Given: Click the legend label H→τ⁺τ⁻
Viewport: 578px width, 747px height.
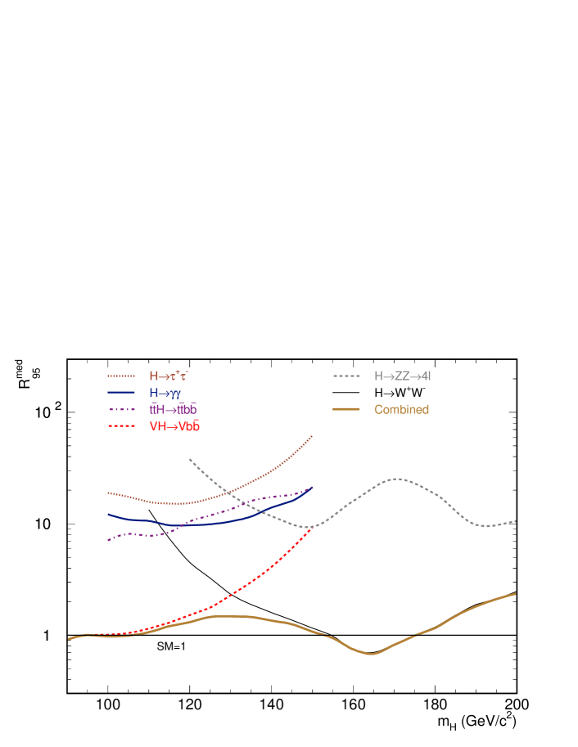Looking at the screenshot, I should [169, 376].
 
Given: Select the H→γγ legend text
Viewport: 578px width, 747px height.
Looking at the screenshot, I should [165, 393].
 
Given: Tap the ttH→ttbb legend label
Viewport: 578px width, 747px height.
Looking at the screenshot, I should [173, 409].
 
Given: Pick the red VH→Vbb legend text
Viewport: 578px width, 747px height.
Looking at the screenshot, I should [174, 426].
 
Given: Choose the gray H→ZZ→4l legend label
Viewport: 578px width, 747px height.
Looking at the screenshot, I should [402, 376].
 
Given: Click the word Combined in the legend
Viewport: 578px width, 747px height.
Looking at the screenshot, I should [401, 409].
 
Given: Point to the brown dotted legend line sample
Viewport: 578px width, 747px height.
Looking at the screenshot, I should [121, 376].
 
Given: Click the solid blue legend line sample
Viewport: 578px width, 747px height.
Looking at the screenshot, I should [121, 393].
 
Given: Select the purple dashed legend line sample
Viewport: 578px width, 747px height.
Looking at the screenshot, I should [121, 409].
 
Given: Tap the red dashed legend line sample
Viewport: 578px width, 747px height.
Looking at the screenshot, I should [121, 426].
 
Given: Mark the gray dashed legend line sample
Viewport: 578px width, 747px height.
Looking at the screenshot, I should [346, 376].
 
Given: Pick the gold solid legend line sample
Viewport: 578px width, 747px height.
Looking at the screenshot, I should [346, 409].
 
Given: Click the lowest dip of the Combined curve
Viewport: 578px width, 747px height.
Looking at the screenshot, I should [370, 654].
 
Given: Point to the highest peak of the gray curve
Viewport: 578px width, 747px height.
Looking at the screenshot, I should [397, 479].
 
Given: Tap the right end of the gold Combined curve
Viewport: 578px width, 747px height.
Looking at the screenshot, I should [515, 593].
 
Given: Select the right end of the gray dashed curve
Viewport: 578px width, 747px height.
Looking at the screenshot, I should [515, 520].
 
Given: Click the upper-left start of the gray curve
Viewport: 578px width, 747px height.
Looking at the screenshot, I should [190, 459].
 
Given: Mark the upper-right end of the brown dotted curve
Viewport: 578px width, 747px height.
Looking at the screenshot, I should [313, 435].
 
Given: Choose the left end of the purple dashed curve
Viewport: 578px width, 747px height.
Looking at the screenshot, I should [108, 540].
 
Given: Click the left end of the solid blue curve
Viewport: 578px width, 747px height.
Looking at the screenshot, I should [108, 515].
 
